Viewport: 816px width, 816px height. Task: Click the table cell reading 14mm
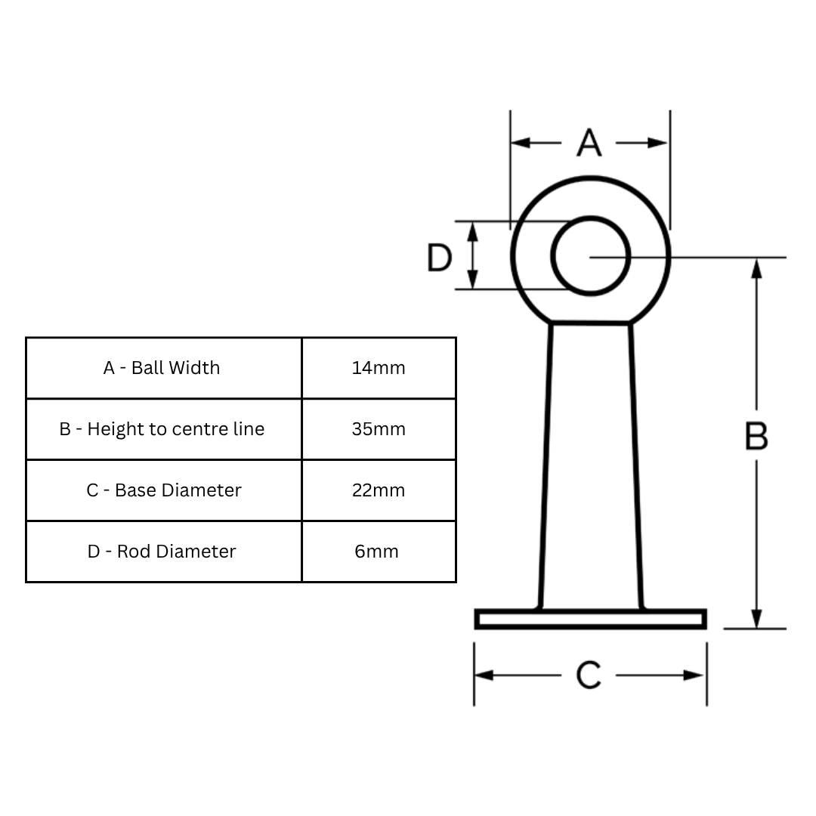click(x=379, y=368)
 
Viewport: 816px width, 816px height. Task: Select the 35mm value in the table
click(x=379, y=429)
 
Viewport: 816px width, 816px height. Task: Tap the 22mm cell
click(x=379, y=490)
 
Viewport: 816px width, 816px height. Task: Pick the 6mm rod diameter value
click(x=377, y=552)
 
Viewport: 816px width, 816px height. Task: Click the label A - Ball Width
click(x=162, y=368)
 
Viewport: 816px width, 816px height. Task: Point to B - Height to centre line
click(x=162, y=429)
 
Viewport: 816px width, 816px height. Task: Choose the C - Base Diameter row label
click(x=164, y=490)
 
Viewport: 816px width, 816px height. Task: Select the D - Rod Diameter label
click(x=162, y=552)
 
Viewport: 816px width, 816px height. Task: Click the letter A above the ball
click(x=589, y=143)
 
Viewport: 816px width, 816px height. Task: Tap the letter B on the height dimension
click(x=756, y=436)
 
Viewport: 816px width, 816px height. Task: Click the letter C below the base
click(x=589, y=675)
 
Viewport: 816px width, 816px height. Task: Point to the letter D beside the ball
click(x=439, y=258)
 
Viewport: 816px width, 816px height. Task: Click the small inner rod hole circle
click(x=590, y=256)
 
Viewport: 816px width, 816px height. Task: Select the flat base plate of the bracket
click(x=590, y=620)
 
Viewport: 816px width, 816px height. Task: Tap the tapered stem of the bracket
click(x=591, y=465)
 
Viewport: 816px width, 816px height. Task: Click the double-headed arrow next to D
click(x=473, y=256)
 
